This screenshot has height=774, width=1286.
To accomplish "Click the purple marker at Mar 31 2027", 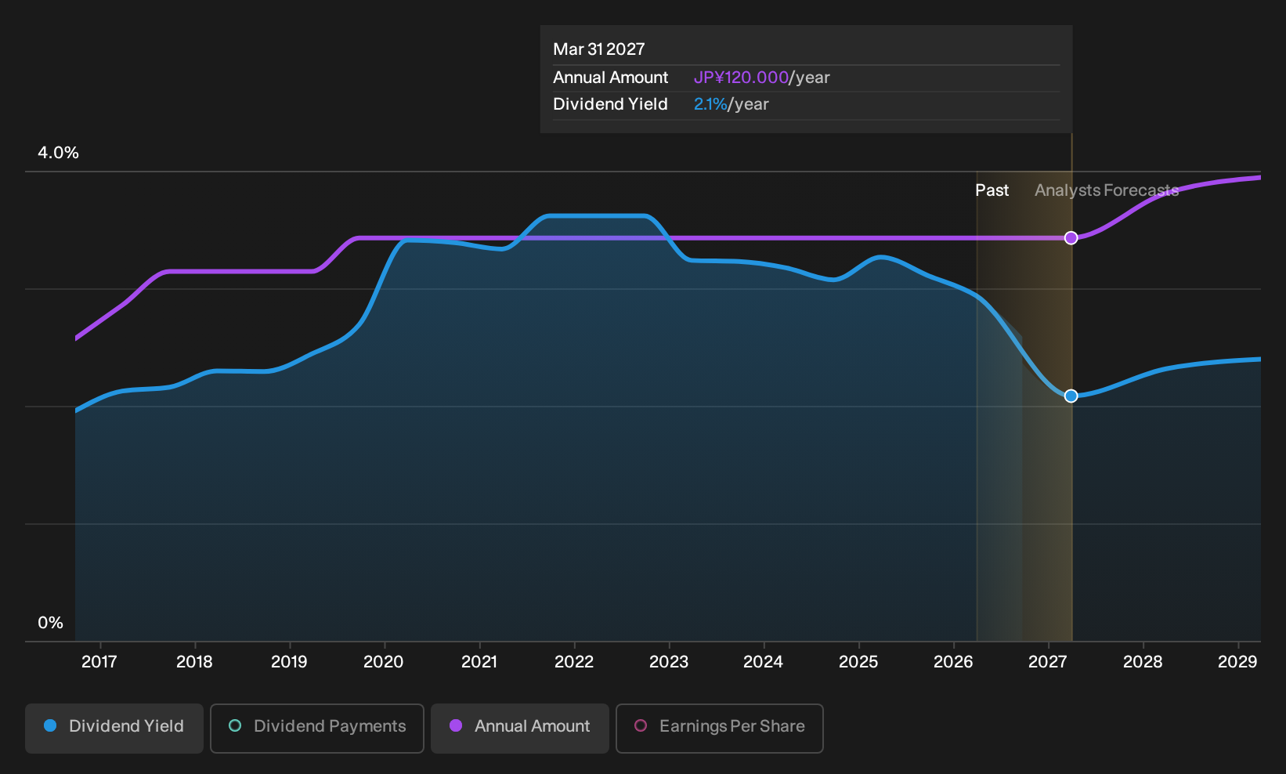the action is pos(1071,237).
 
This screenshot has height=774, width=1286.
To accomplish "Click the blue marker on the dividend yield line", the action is pos(1071,396).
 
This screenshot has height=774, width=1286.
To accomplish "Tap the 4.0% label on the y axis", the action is pos(58,153).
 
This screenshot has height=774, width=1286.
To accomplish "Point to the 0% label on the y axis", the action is pos(51,623).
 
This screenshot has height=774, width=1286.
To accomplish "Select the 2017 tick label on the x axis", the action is pos(99,662).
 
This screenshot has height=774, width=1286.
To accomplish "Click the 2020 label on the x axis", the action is pos(384,662).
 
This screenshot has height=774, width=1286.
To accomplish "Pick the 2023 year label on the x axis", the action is pos(669,662).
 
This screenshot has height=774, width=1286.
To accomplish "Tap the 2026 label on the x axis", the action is pos(953,662).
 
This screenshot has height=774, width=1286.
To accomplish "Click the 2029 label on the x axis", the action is pos(1237,662).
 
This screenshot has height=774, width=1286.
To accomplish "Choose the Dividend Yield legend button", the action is pos(114,728).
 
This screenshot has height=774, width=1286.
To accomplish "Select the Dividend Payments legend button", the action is pos(317,728).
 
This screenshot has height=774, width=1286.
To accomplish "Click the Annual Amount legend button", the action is pos(519,728).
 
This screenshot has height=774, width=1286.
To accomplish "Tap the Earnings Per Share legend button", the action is pos(719,728).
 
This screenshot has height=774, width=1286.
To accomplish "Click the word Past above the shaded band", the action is pos(992,190).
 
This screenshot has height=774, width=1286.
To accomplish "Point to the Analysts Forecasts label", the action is pos(1107,190).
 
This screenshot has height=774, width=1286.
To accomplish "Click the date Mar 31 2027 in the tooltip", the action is pos(599,49).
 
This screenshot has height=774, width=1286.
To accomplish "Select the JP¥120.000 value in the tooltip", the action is pos(741,78).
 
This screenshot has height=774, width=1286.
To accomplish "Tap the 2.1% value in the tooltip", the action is pos(710,104).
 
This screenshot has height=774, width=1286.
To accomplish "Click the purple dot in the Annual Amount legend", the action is pos(455,725).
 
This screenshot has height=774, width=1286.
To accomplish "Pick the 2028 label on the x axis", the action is pos(1143,662).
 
